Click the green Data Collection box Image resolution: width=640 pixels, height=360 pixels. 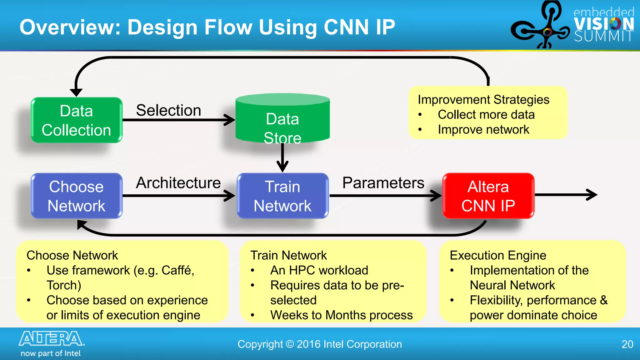point(77,120)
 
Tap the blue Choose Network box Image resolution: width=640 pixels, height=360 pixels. point(77,196)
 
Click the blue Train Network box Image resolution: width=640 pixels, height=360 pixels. point(282,196)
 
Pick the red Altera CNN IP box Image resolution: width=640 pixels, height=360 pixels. point(488,196)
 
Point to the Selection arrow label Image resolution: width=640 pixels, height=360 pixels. point(168,110)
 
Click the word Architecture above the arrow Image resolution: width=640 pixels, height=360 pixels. point(178,183)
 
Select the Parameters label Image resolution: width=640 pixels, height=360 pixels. point(383,183)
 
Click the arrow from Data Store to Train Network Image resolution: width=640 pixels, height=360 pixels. point(282,158)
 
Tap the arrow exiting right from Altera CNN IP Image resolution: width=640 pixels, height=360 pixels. point(566,195)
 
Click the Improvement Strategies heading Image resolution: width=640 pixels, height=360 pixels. point(483,100)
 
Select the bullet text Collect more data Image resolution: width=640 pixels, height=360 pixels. point(486,115)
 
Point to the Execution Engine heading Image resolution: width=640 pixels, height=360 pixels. point(498,255)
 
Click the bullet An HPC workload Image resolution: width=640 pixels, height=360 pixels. point(319,270)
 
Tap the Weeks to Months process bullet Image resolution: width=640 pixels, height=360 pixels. point(341,315)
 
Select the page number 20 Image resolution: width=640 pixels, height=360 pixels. point(627,344)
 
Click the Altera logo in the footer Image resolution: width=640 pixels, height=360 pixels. point(52,339)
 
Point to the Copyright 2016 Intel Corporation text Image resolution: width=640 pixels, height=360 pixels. point(320,344)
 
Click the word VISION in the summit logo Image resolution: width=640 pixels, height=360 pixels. point(604,24)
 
